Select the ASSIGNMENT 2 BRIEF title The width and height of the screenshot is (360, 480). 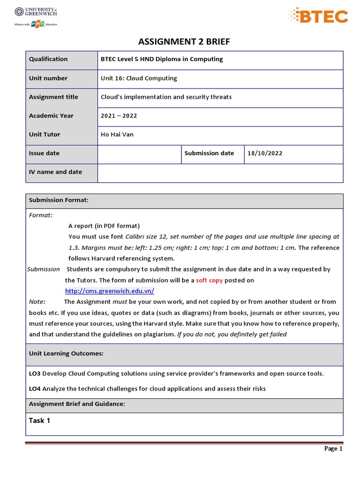click(x=184, y=42)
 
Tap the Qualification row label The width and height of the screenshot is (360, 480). click(x=48, y=59)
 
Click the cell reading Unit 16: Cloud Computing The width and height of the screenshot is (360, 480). click(x=139, y=78)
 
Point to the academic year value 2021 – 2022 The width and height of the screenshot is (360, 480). click(x=119, y=116)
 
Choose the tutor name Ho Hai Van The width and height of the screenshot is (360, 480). click(x=117, y=135)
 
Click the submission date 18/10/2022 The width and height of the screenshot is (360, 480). click(x=265, y=153)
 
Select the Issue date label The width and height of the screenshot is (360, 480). click(x=44, y=153)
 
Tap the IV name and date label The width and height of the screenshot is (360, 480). click(x=55, y=172)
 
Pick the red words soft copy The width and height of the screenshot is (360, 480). click(x=209, y=280)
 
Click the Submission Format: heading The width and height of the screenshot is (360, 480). click(x=59, y=200)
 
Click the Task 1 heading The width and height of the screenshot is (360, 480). click(x=39, y=420)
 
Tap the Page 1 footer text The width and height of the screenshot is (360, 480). click(x=334, y=449)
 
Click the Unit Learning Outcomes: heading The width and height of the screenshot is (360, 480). click(x=66, y=353)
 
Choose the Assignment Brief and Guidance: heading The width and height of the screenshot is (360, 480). click(x=77, y=404)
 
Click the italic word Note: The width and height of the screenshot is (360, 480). click(x=37, y=302)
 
